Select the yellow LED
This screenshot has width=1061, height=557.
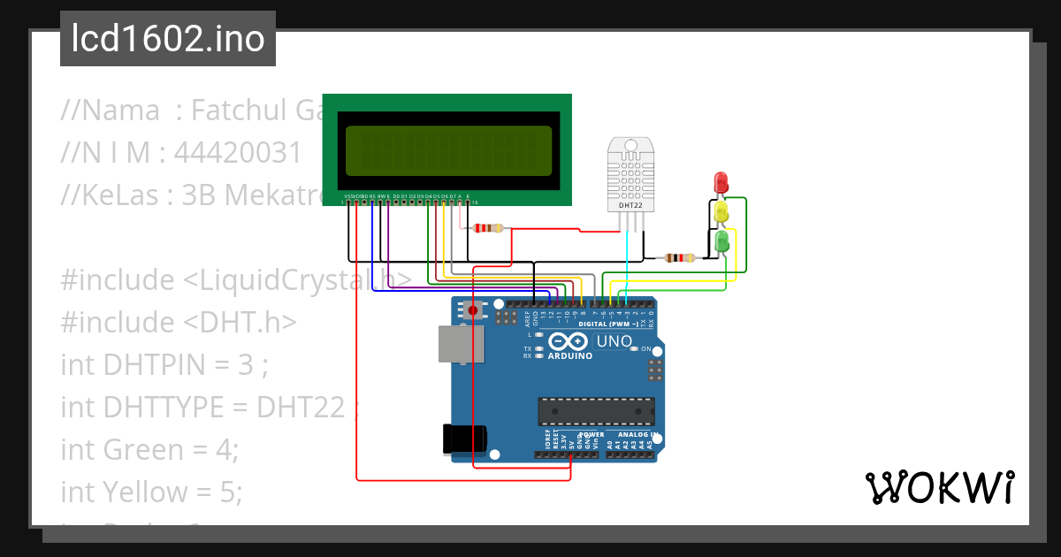tap(721, 212)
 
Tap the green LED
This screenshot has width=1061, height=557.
tap(721, 240)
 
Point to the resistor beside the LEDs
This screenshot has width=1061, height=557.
tap(679, 258)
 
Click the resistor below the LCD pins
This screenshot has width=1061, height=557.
tap(487, 228)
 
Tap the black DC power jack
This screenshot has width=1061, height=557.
tap(463, 439)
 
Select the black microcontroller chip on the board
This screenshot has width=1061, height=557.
tap(597, 411)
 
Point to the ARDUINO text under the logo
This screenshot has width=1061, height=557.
tap(569, 355)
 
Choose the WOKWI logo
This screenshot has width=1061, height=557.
tap(939, 487)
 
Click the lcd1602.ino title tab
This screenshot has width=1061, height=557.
tap(168, 39)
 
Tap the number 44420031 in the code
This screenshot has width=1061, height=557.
tap(238, 153)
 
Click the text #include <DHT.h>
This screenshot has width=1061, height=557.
tap(178, 322)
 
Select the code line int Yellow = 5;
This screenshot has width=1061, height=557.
tap(151, 491)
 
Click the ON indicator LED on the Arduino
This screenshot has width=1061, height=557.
tap(634, 349)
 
